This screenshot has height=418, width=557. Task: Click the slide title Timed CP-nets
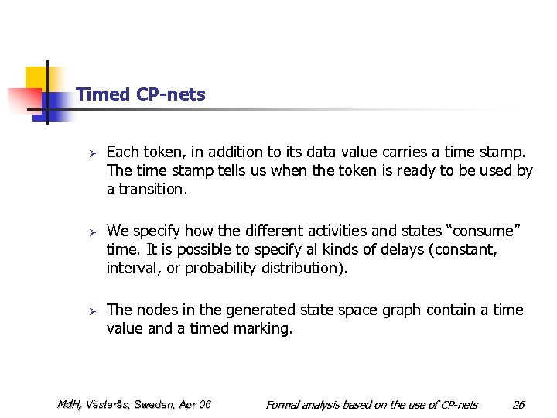click(x=141, y=94)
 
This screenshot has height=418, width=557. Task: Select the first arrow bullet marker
click(x=91, y=152)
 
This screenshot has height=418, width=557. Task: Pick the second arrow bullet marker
click(x=91, y=231)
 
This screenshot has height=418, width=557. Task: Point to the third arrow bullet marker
click(x=91, y=310)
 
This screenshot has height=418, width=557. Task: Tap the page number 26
click(x=518, y=404)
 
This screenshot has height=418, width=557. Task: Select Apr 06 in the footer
click(x=195, y=404)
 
